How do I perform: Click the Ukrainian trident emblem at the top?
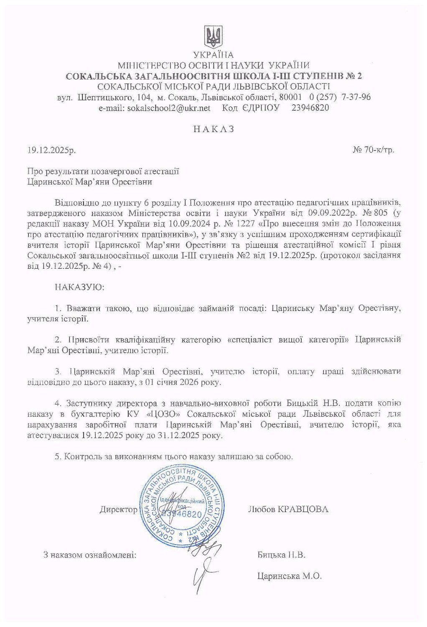213,37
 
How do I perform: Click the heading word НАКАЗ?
213,129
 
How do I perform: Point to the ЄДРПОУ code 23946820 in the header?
310,108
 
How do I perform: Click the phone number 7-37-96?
356,97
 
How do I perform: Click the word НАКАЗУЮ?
79,287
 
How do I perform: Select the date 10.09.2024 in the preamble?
182,224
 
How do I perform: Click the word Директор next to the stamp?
119,510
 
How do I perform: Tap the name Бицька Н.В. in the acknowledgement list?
281,555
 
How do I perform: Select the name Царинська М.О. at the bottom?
290,576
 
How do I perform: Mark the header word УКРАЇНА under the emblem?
213,55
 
